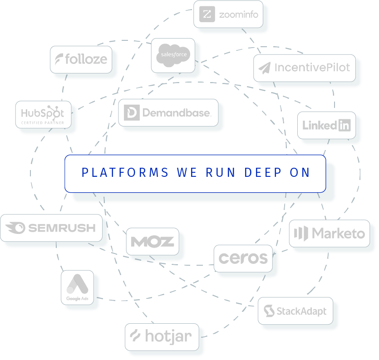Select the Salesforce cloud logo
[x=172, y=56]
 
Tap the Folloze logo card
[x=81, y=59]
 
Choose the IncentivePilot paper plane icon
[x=264, y=68]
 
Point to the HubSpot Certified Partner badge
[x=43, y=114]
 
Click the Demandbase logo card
[x=167, y=112]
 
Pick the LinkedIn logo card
[x=326, y=125]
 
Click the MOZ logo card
[x=153, y=241]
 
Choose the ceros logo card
[x=243, y=258]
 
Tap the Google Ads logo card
[x=77, y=287]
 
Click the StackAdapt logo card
[x=295, y=311]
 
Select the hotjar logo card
[x=162, y=336]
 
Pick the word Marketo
[x=338, y=234]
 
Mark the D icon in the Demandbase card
[x=132, y=112]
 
